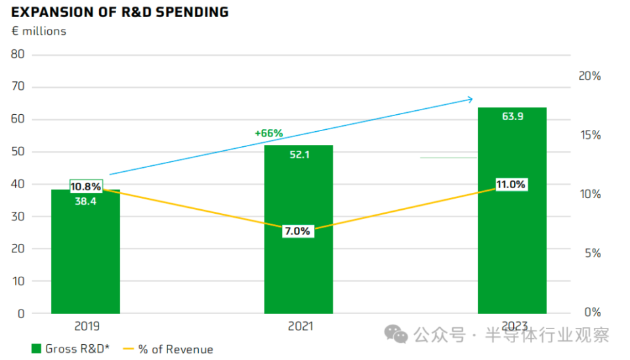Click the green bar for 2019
[x=86, y=262]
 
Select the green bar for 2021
[x=299, y=262]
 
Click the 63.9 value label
[x=512, y=117]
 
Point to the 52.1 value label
[x=299, y=155]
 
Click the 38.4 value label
[x=85, y=201]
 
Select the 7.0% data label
[x=297, y=231]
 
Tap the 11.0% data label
[x=511, y=185]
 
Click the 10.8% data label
[x=85, y=186]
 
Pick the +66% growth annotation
[x=268, y=134]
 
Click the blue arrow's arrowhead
[x=469, y=99]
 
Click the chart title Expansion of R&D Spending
[x=120, y=12]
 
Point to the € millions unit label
[x=39, y=31]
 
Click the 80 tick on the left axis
[x=18, y=54]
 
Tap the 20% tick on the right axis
[x=589, y=76]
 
